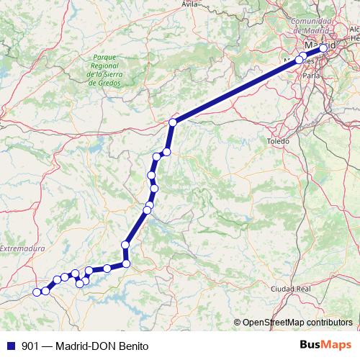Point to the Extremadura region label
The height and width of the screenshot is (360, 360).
(x=22, y=249)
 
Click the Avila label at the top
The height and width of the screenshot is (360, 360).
(x=190, y=4)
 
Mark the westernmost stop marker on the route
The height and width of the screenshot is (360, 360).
(x=37, y=292)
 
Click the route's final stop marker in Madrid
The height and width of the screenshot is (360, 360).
(x=323, y=48)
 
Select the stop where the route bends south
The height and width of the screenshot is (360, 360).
(x=173, y=123)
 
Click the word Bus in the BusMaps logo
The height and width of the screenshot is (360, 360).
(x=312, y=345)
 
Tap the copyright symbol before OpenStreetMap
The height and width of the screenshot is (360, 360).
(x=238, y=322)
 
